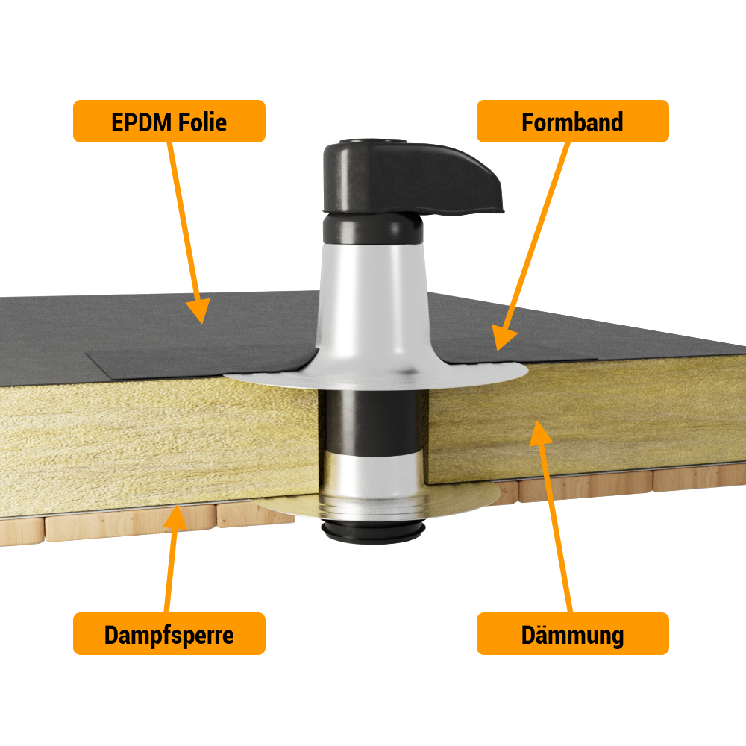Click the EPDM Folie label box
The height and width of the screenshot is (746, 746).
coord(169,122)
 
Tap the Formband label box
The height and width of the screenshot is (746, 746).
coord(572,122)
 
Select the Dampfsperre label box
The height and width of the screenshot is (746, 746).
coord(169,633)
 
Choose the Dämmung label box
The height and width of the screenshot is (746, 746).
coord(572,633)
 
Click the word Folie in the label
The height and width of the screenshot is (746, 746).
coord(201,122)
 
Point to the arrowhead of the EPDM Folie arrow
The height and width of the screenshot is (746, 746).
coord(199,312)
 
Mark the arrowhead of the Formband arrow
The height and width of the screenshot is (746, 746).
coord(502,337)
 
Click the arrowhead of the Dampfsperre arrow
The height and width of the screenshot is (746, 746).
coord(175,517)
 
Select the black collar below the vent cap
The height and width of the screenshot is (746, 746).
coord(372,229)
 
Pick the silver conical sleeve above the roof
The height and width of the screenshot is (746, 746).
coord(374,304)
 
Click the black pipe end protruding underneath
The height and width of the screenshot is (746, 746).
coord(372,532)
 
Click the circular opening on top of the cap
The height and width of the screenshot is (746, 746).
coord(372,142)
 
